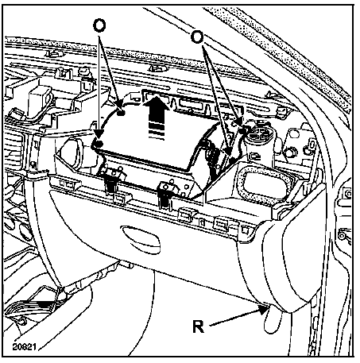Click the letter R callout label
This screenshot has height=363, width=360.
[x=198, y=326]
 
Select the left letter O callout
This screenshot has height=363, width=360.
[x=99, y=25]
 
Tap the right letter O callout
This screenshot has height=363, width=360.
[x=197, y=37]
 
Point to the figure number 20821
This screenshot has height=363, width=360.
[x=24, y=346]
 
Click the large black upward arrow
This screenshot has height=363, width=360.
[x=156, y=117]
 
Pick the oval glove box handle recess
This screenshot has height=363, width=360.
[x=141, y=239]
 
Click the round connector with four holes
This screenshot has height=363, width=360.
[x=258, y=133]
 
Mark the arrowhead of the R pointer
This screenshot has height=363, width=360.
[x=264, y=309]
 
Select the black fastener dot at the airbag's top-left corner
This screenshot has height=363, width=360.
[x=121, y=113]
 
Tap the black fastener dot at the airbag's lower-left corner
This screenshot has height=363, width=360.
[x=98, y=144]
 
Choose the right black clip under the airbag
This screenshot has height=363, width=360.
[x=165, y=195]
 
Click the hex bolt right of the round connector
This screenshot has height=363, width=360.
[x=289, y=153]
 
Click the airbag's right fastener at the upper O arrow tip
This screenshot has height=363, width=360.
[x=241, y=129]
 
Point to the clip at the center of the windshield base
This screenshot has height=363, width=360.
[x=158, y=68]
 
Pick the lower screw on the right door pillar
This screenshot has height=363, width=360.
[x=342, y=234]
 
